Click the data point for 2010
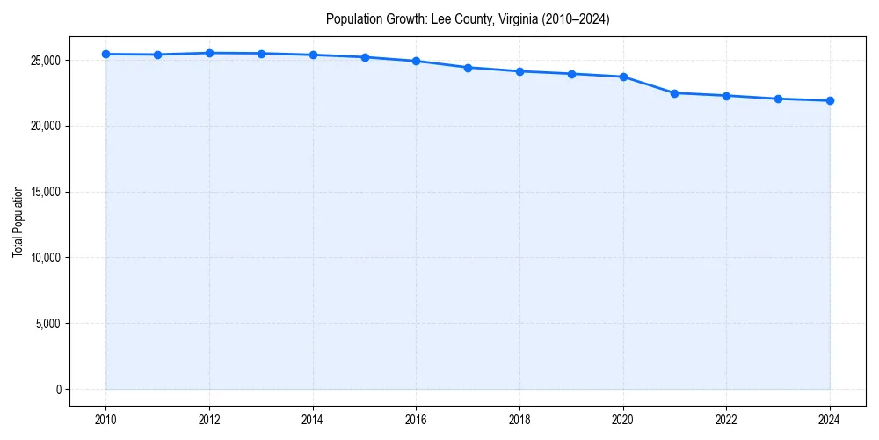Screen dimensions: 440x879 (x=105, y=54)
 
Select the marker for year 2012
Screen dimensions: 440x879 (x=209, y=53)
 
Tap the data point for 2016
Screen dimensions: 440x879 (x=416, y=61)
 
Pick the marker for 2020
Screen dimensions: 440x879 (x=623, y=77)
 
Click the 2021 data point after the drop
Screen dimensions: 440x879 (x=674, y=92)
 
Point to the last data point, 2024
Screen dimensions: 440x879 (x=830, y=100)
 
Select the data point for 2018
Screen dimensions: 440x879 (x=519, y=71)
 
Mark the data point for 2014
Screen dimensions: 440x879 (x=313, y=55)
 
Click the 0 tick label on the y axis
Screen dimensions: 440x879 (x=59, y=390)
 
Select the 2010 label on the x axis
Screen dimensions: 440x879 (x=105, y=420)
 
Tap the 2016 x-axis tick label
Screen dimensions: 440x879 (x=416, y=420)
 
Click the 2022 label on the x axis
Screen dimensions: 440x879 (x=726, y=420)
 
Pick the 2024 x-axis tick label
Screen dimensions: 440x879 (x=830, y=420)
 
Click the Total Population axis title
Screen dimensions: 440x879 (x=18, y=221)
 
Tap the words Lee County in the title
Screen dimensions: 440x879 (x=460, y=18)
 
